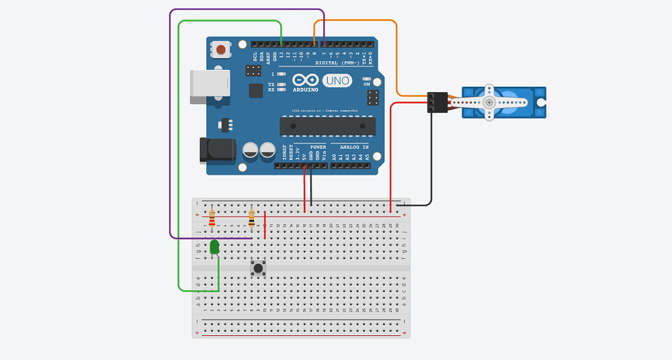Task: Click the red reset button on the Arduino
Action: point(220,48)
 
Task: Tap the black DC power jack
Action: point(217,150)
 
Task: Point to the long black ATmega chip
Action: point(327,126)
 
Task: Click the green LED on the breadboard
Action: point(214,247)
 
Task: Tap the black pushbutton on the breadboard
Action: point(258,269)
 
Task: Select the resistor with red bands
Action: point(212,219)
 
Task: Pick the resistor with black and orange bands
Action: point(251,219)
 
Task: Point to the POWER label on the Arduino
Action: point(317,146)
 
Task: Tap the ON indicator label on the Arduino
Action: point(366,85)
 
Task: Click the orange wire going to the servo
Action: point(396,60)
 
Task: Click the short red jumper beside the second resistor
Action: point(265,225)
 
